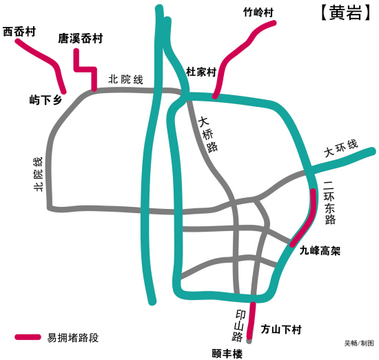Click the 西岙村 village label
coord(19,32)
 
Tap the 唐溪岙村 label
coord(81,38)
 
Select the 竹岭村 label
coord(258,12)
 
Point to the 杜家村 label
coord(201,72)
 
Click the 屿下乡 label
coord(46,100)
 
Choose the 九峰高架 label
coord(320,250)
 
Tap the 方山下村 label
coord(281,330)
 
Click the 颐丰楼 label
coord(227,354)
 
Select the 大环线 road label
coord(341,148)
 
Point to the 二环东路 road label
coord(329,203)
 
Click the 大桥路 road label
coord(208,134)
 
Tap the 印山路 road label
coord(240,326)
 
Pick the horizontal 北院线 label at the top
coord(125,79)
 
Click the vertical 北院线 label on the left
coord(38,174)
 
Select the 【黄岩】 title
coord(346,12)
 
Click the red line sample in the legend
coord(28,337)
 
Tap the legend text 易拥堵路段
coord(73,338)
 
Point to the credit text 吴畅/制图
coord(359,343)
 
